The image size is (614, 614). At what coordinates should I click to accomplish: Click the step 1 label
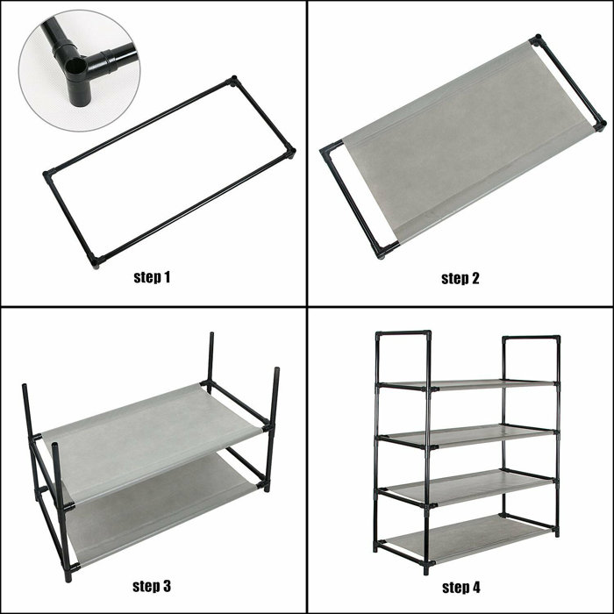pos(152,278)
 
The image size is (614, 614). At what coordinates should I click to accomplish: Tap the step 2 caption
pos(460,278)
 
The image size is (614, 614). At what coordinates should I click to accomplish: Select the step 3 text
pos(152,585)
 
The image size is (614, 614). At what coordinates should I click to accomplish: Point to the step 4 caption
pos(460,585)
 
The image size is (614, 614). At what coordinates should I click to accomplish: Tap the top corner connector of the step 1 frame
pos(233,81)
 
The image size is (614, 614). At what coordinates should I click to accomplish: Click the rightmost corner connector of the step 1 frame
pos(291,152)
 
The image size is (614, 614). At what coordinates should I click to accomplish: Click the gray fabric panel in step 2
pos(456,145)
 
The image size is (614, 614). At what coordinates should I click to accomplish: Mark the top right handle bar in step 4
pos(530,338)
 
